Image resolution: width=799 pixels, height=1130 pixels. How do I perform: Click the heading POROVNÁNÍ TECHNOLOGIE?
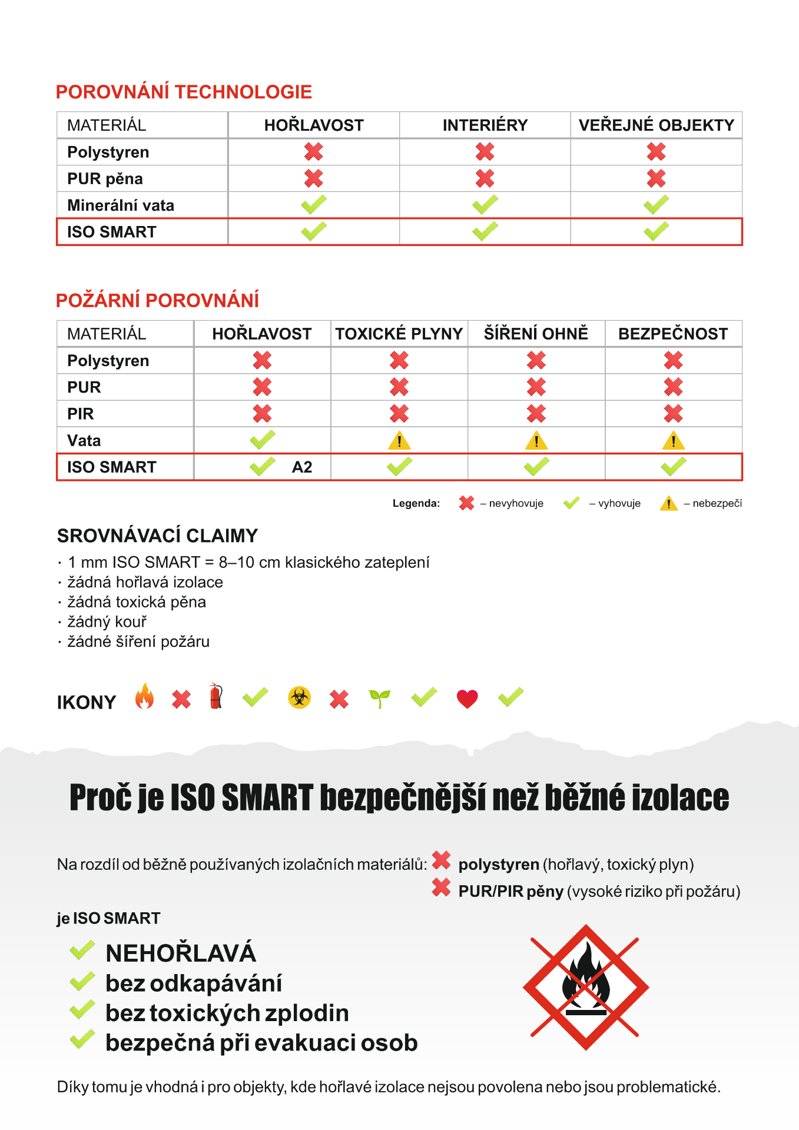click(x=184, y=92)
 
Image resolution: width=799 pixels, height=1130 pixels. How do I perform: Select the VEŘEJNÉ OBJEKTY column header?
click(x=656, y=125)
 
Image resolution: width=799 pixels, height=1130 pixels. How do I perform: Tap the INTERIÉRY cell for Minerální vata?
click(x=485, y=205)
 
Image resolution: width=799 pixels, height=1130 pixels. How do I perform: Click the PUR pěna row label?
click(x=105, y=179)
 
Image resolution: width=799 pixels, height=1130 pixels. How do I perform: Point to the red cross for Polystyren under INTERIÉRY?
click(x=485, y=152)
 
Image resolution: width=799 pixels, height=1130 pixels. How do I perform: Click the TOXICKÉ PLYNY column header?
click(x=399, y=334)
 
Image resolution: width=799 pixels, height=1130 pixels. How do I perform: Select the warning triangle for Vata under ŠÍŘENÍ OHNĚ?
click(x=536, y=440)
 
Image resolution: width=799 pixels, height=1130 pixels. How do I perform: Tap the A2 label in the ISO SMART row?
click(x=302, y=467)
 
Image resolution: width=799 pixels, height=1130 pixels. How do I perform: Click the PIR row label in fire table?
click(x=81, y=414)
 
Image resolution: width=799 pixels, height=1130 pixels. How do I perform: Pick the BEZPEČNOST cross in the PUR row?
click(x=673, y=387)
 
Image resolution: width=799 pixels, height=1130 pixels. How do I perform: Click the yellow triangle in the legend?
click(x=668, y=503)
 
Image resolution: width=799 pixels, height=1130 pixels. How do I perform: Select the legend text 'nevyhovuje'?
click(x=516, y=504)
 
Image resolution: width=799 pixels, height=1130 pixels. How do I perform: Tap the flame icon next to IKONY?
click(x=144, y=697)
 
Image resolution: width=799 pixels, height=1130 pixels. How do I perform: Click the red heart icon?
click(x=467, y=699)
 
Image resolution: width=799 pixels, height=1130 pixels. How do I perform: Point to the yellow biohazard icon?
click(x=299, y=698)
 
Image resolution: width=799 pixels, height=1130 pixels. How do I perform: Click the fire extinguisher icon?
click(x=216, y=696)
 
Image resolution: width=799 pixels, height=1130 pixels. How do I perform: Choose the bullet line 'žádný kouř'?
click(x=107, y=622)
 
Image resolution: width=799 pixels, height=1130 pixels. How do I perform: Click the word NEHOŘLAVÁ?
click(x=180, y=953)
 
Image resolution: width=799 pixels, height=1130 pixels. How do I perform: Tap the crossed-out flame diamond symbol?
click(x=585, y=987)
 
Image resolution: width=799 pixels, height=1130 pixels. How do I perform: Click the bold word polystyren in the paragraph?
click(x=499, y=865)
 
